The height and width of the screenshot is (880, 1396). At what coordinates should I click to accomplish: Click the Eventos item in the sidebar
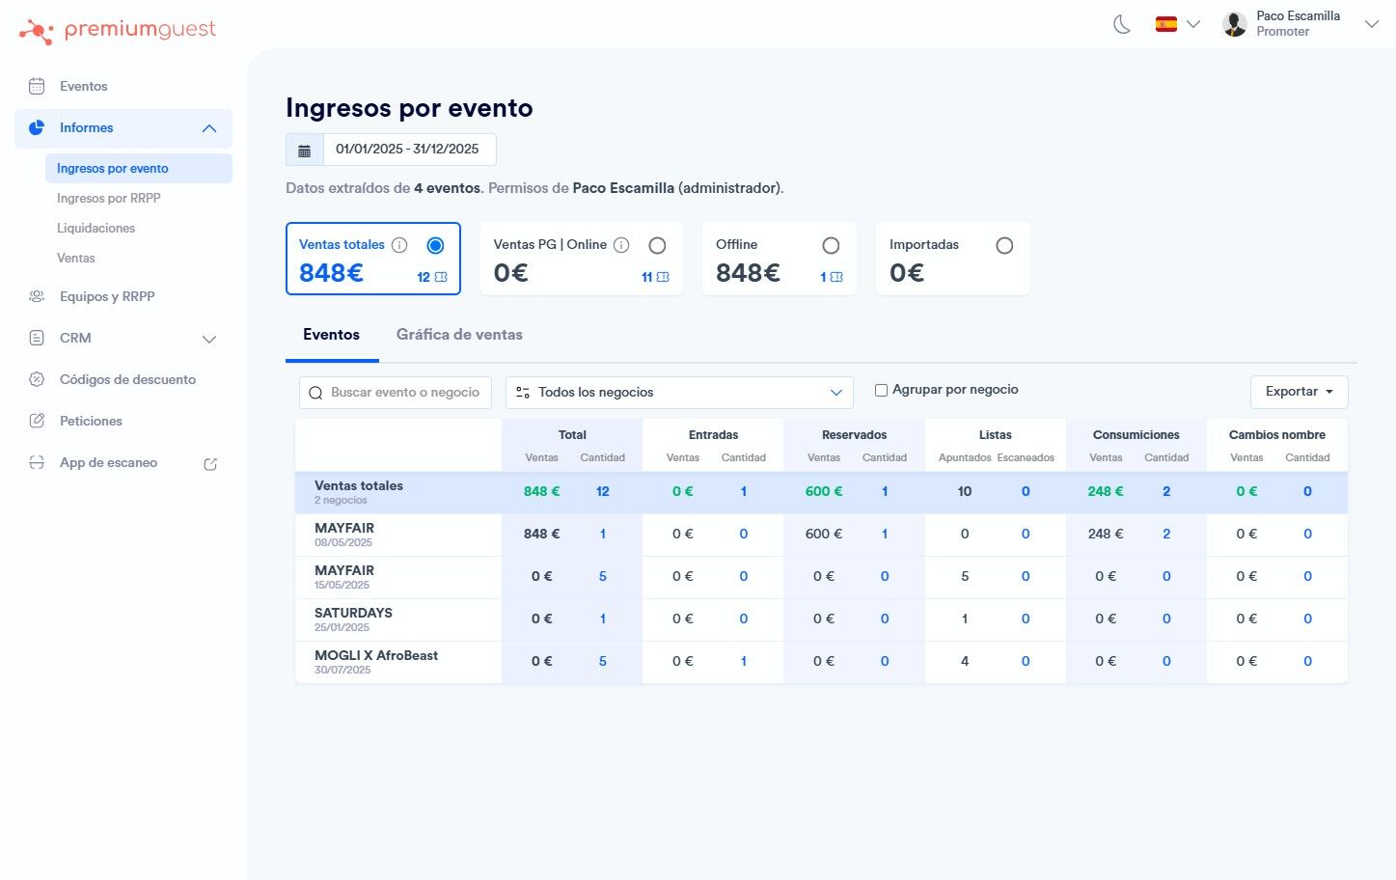(x=83, y=87)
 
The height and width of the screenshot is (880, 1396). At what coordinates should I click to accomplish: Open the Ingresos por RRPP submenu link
(x=109, y=199)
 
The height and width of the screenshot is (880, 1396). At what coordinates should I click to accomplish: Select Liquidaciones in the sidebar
(x=96, y=229)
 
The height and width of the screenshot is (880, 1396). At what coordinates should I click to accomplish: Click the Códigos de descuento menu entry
(x=127, y=380)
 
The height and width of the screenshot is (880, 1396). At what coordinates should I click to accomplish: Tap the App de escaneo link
(x=108, y=463)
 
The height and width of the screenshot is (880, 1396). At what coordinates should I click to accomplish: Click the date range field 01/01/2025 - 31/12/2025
(x=407, y=150)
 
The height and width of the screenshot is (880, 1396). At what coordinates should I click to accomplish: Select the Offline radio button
(x=831, y=246)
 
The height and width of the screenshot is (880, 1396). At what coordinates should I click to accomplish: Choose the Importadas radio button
(x=1004, y=246)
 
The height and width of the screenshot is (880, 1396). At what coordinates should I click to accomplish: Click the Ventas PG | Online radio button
(x=657, y=246)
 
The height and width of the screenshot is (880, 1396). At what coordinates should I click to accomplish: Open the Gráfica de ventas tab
(x=459, y=335)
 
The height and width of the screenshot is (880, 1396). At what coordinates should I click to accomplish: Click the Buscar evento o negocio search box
(x=404, y=393)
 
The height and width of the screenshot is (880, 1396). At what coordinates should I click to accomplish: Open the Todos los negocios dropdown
(x=679, y=393)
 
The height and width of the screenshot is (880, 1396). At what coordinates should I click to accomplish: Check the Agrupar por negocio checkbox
(x=881, y=391)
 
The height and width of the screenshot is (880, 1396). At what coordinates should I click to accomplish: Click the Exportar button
(x=1299, y=392)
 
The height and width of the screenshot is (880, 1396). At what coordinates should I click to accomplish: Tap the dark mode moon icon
(x=1122, y=24)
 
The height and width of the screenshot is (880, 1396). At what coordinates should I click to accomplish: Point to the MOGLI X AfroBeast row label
(x=376, y=656)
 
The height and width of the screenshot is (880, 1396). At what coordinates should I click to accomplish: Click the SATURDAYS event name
(x=353, y=614)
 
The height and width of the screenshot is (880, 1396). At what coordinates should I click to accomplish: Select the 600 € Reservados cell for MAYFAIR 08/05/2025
(x=823, y=535)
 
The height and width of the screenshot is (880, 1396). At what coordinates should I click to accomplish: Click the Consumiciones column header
(x=1136, y=435)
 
